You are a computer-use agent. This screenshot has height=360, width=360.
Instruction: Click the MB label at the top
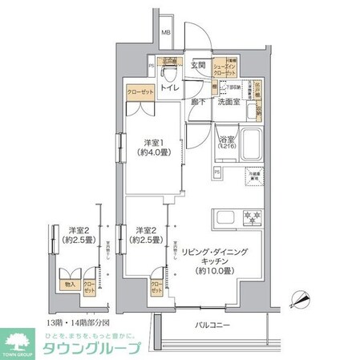[165, 32]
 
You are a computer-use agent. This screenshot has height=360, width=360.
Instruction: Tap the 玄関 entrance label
[198, 64]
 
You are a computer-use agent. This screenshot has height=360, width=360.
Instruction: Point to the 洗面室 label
[231, 102]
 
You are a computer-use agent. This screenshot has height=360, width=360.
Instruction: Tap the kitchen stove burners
[253, 217]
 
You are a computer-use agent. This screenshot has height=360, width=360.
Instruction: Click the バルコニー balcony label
[212, 325]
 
